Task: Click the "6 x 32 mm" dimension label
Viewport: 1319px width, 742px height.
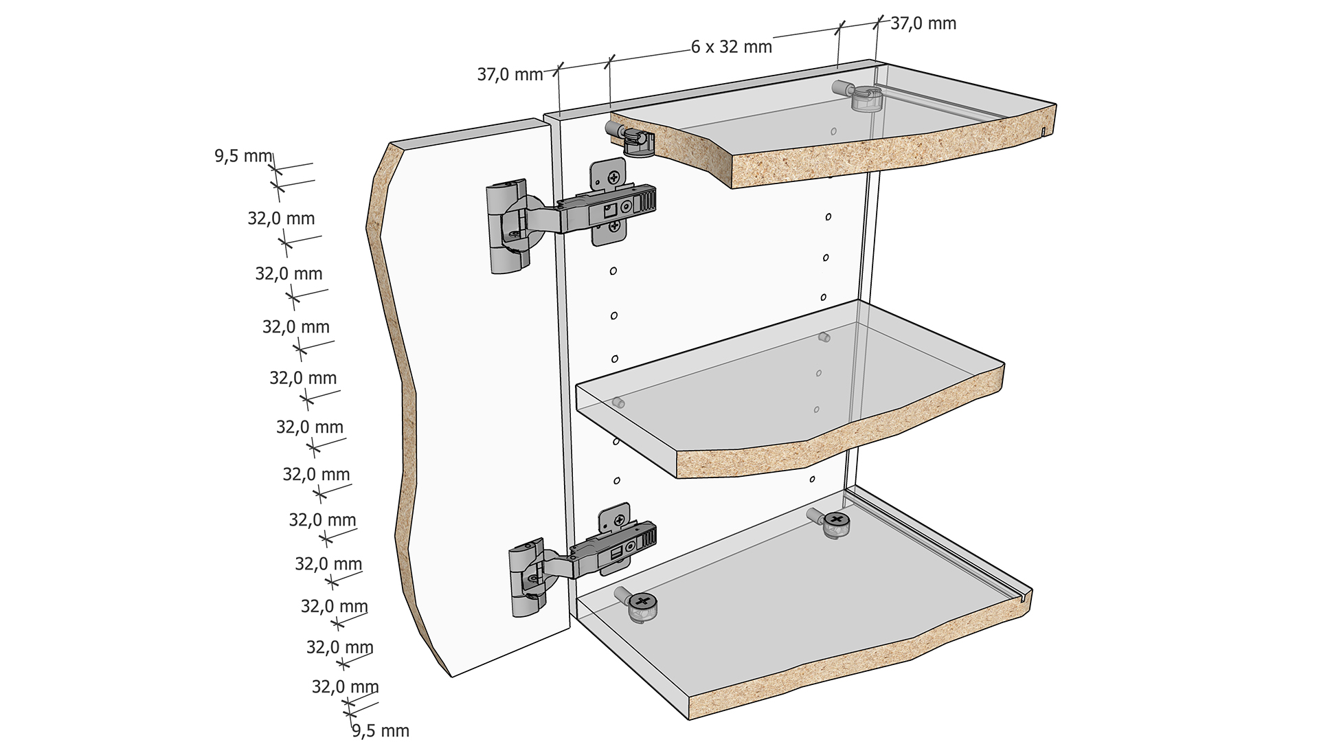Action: [732, 47]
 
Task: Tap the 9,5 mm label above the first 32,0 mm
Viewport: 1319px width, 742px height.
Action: [244, 156]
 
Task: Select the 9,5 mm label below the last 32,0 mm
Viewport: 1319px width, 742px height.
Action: [381, 730]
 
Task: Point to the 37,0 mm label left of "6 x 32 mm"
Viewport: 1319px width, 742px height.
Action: [510, 74]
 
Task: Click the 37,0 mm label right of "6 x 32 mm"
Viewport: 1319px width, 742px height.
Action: [923, 23]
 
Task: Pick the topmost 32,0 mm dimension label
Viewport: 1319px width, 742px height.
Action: [281, 218]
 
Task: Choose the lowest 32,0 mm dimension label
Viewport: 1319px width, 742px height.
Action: [346, 687]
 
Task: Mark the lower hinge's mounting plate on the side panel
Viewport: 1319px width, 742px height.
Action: [613, 539]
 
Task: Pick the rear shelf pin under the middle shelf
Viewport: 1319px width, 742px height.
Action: [824, 337]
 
